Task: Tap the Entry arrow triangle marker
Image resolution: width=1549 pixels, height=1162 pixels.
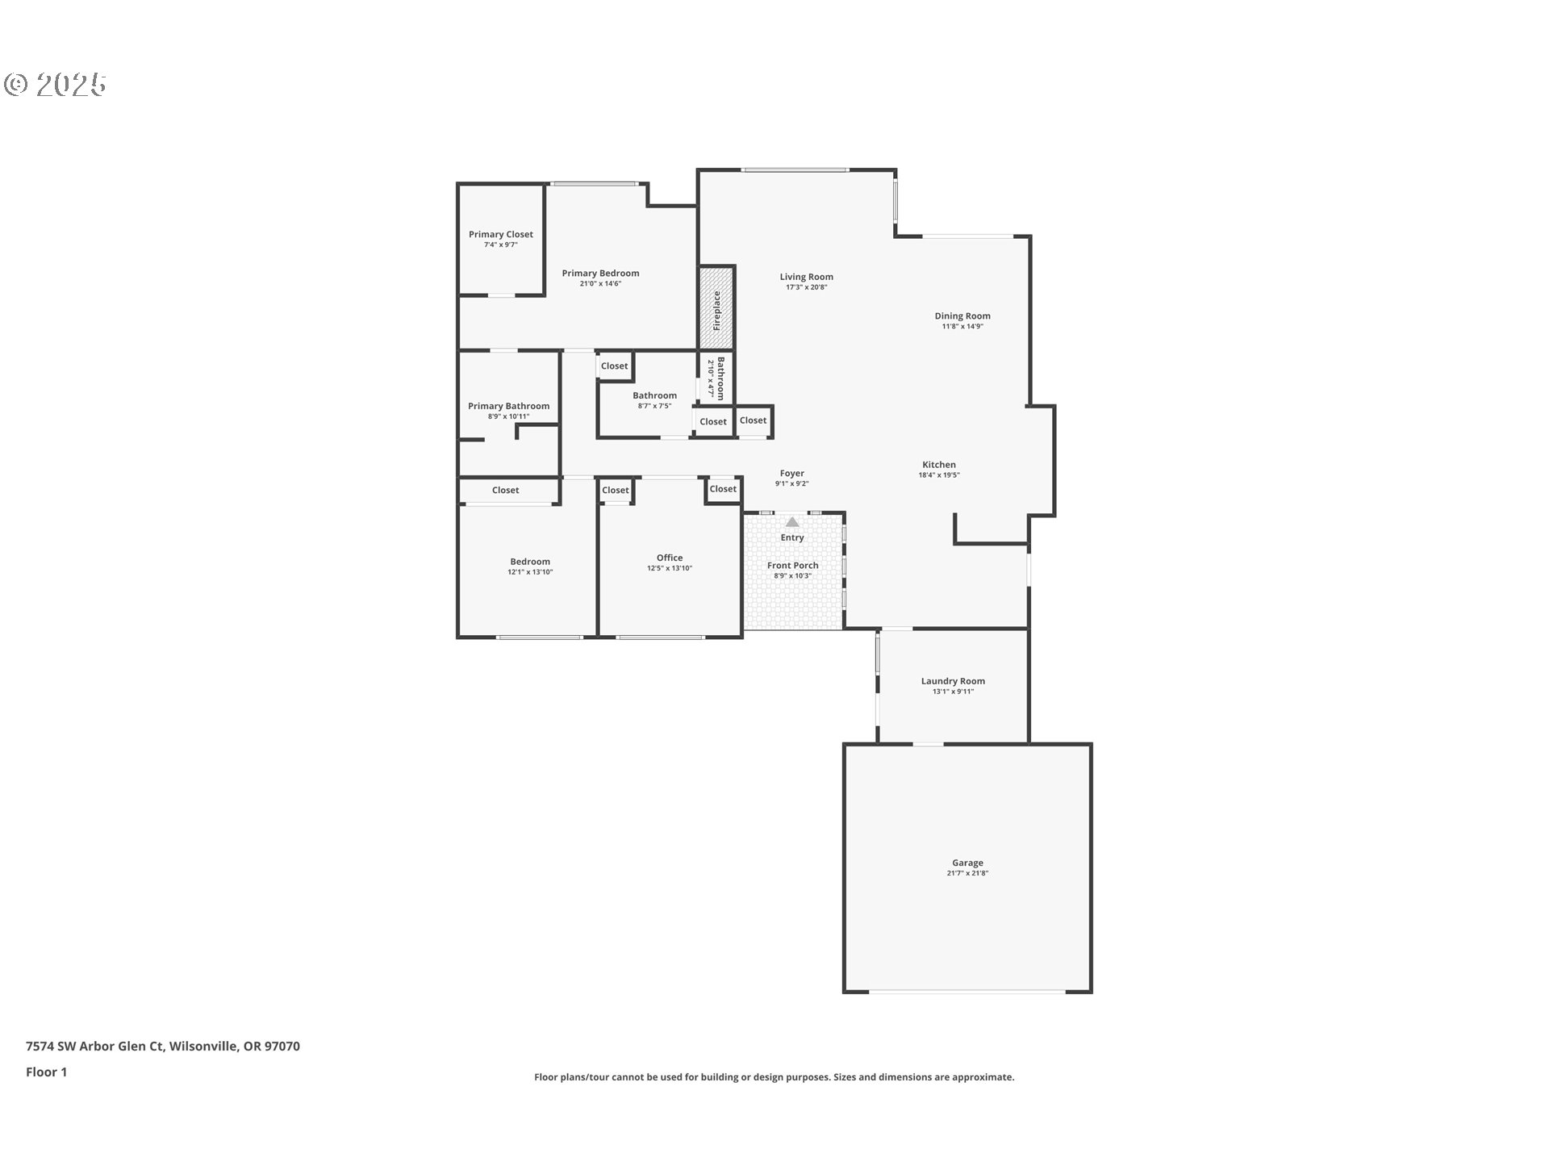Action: [792, 522]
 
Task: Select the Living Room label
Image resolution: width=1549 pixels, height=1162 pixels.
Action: [806, 277]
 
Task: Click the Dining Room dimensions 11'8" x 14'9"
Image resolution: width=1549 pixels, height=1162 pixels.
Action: [962, 327]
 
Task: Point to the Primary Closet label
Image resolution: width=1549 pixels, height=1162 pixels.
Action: [501, 235]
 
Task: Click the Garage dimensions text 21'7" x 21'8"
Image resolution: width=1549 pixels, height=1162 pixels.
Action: [967, 873]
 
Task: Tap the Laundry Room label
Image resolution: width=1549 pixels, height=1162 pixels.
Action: [953, 681]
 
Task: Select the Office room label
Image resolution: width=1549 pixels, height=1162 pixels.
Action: [670, 558]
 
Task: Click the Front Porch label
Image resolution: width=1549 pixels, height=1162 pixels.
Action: [792, 566]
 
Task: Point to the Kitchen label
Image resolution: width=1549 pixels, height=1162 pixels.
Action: [939, 465]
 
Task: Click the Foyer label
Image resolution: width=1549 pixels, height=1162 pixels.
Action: [791, 474]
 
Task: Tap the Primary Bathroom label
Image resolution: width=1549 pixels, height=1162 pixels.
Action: [508, 407]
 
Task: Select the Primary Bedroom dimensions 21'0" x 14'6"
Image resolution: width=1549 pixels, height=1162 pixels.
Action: [600, 284]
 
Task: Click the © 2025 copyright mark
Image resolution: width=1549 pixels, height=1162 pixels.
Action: [55, 85]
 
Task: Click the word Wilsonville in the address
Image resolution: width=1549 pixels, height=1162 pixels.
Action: [203, 1047]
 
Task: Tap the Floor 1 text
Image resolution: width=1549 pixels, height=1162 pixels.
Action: [47, 1072]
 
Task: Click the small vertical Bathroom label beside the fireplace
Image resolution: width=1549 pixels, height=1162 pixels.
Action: [720, 378]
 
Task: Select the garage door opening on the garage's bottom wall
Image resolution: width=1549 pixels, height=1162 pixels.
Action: [967, 991]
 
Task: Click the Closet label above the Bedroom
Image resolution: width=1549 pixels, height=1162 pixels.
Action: [506, 491]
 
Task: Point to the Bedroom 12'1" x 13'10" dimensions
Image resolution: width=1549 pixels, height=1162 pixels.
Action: [530, 572]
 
